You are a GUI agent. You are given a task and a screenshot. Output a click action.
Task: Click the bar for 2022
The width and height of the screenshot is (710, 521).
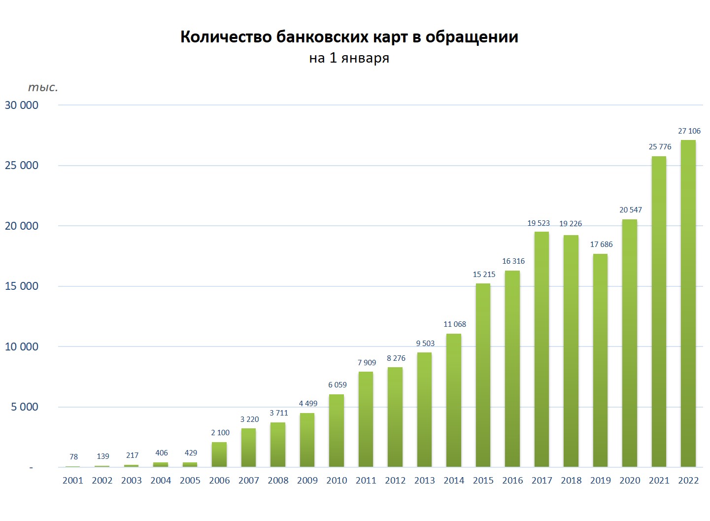(688, 303)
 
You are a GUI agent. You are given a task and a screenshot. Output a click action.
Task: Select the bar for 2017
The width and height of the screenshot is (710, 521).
(541, 349)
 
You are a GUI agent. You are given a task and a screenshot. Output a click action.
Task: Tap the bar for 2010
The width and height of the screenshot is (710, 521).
(337, 430)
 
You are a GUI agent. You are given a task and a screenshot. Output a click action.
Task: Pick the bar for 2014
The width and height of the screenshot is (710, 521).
(454, 400)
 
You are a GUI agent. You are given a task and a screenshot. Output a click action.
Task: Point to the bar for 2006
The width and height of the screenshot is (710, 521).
(219, 454)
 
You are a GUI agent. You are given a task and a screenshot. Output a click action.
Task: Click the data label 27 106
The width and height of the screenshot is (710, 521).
(689, 131)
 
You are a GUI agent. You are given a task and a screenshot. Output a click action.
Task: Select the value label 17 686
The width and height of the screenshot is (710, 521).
(601, 244)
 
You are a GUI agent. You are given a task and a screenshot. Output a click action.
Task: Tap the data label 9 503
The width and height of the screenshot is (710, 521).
(425, 344)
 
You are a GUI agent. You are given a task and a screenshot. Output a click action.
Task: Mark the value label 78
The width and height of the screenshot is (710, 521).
(73, 457)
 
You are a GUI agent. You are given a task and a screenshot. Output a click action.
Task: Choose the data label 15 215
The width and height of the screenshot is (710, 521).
(484, 275)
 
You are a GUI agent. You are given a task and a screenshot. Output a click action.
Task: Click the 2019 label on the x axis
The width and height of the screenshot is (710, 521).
(600, 481)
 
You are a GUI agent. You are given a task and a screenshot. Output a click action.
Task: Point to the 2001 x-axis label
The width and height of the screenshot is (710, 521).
(73, 481)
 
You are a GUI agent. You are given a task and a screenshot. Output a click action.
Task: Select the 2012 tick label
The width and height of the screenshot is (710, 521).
(395, 481)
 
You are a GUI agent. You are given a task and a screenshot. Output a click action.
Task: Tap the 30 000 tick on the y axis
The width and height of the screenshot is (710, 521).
(22, 105)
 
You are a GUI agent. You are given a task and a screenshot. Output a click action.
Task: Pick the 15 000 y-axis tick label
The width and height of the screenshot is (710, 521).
(22, 286)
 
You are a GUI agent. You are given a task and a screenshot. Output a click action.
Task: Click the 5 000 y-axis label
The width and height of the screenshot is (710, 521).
(25, 407)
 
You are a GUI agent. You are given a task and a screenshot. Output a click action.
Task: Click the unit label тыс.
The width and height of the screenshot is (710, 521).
(43, 88)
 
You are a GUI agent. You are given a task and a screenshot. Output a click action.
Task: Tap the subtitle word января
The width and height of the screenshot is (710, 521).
(365, 58)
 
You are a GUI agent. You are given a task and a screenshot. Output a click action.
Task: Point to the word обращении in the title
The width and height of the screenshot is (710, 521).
(472, 37)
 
